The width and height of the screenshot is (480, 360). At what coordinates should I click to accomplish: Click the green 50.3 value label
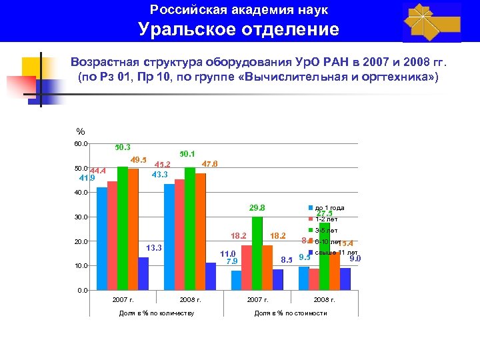122,147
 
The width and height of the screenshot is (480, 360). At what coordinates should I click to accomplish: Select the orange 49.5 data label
139,160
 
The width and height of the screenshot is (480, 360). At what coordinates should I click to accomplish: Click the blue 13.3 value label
154,249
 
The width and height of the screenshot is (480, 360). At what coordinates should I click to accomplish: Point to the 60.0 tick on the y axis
80,144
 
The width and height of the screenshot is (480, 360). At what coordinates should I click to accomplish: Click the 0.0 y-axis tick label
82,291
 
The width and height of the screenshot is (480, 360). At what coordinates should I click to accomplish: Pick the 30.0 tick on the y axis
80,217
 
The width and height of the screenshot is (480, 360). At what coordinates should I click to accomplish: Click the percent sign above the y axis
81,131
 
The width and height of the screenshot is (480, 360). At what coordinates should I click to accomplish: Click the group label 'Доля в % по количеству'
156,313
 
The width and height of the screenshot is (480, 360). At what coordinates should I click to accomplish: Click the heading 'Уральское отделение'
239,30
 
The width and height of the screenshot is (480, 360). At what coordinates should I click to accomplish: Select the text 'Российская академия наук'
239,10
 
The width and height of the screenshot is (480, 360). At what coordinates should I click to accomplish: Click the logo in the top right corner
431,22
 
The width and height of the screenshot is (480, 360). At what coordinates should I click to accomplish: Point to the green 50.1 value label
187,155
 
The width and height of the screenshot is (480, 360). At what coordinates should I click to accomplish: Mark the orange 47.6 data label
209,164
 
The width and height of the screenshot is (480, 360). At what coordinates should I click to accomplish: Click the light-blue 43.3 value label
160,175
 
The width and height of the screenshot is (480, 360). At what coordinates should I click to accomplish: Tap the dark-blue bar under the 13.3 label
143,274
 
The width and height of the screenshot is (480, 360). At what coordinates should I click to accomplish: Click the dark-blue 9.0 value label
355,259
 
